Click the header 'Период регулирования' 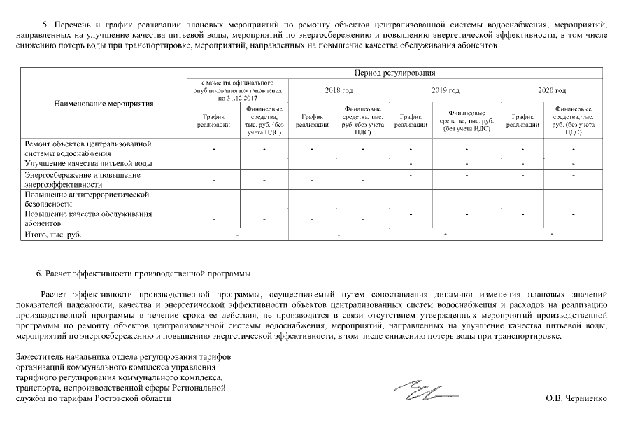394,72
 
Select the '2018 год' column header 339,90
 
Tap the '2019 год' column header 445,90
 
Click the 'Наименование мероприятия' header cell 104,104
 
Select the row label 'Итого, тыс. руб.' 53,234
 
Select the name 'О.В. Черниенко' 576,398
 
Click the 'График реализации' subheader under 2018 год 312,120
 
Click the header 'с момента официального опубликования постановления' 238,90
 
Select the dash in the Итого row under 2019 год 445,233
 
